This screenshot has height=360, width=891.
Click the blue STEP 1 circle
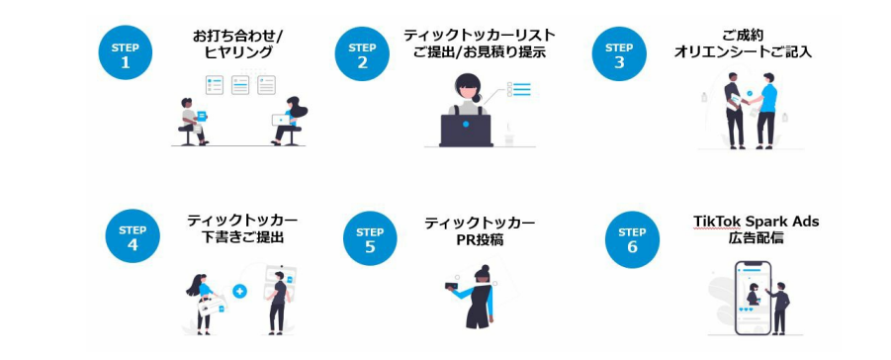[x=125, y=53]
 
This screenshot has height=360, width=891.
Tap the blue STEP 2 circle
[x=362, y=54]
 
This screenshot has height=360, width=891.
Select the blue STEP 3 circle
[x=619, y=54]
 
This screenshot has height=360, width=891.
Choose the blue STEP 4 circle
[x=133, y=236]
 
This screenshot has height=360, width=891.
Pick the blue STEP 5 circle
[x=370, y=238]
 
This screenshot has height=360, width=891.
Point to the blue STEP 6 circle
[x=632, y=239]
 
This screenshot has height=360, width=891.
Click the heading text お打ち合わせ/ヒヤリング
[x=239, y=45]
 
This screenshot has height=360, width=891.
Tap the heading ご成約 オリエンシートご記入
[x=744, y=44]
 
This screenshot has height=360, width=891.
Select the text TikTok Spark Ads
[x=756, y=222]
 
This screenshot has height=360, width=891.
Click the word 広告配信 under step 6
[x=756, y=238]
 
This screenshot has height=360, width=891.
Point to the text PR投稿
[x=481, y=240]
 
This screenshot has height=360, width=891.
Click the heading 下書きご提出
[x=242, y=237]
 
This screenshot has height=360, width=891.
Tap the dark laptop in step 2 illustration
[x=466, y=131]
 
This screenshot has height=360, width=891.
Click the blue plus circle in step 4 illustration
[x=239, y=291]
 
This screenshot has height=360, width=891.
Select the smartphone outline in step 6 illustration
[x=753, y=298]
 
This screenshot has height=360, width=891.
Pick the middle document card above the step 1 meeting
[x=240, y=85]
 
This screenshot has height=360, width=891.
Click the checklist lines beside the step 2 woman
[x=519, y=89]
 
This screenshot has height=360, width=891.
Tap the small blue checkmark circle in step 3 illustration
[x=750, y=93]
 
